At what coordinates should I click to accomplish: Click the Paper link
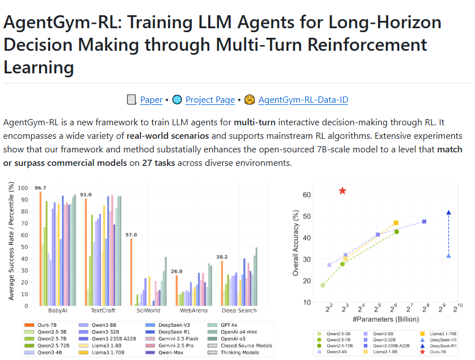click(151, 100)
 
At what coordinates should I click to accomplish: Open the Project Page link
click(210, 100)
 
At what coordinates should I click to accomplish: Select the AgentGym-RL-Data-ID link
click(303, 100)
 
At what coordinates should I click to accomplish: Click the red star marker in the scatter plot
click(342, 191)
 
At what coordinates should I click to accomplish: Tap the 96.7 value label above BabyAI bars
click(40, 188)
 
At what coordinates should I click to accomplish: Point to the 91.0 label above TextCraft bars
click(86, 195)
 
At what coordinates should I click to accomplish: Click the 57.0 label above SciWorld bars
click(131, 235)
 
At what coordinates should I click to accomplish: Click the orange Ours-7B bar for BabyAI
click(40, 249)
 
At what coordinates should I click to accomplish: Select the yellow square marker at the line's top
click(395, 223)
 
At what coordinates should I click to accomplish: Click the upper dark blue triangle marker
click(448, 213)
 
